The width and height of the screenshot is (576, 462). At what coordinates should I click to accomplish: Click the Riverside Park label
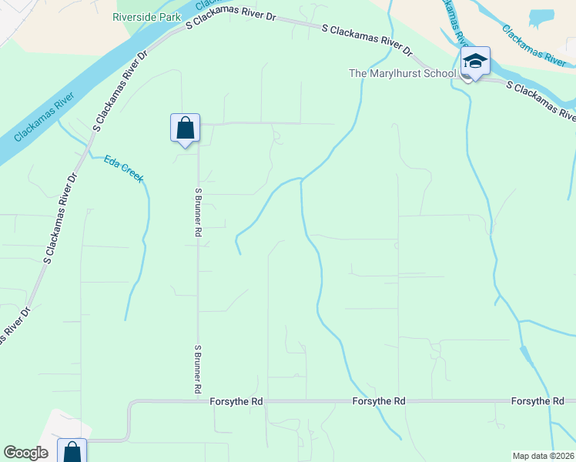[x=146, y=16]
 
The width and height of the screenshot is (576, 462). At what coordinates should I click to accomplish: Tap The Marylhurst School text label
[x=403, y=74]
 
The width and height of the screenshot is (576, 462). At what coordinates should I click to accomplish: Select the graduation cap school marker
[x=475, y=62]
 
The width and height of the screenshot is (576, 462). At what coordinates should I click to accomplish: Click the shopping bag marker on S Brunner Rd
[x=185, y=128]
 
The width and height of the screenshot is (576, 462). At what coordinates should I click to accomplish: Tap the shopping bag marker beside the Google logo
[x=72, y=452]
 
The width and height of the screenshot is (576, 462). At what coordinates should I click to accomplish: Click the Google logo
[x=25, y=453]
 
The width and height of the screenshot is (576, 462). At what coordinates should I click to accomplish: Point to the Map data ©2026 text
[x=543, y=455]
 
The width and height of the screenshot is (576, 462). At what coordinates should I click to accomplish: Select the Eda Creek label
[x=124, y=169]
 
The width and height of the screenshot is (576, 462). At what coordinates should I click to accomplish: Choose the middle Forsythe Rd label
[x=379, y=402]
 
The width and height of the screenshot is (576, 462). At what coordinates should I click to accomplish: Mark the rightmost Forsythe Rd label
[x=537, y=402]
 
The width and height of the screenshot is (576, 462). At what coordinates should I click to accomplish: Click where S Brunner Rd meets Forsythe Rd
[x=198, y=401]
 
